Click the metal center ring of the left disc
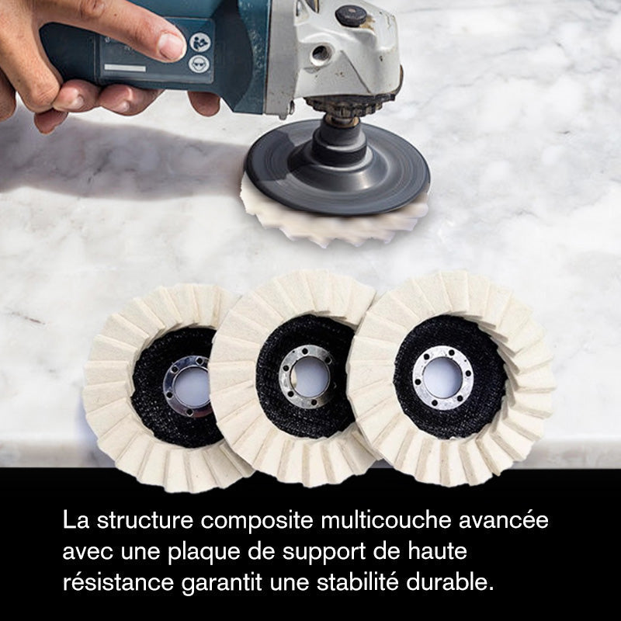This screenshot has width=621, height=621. pos(187,386)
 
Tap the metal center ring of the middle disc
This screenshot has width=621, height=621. pos(307,375)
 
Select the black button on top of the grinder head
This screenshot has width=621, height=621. pos(351,16)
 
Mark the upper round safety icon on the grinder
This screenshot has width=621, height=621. pos(200,40)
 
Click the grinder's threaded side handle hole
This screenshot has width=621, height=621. pos(320,54)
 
